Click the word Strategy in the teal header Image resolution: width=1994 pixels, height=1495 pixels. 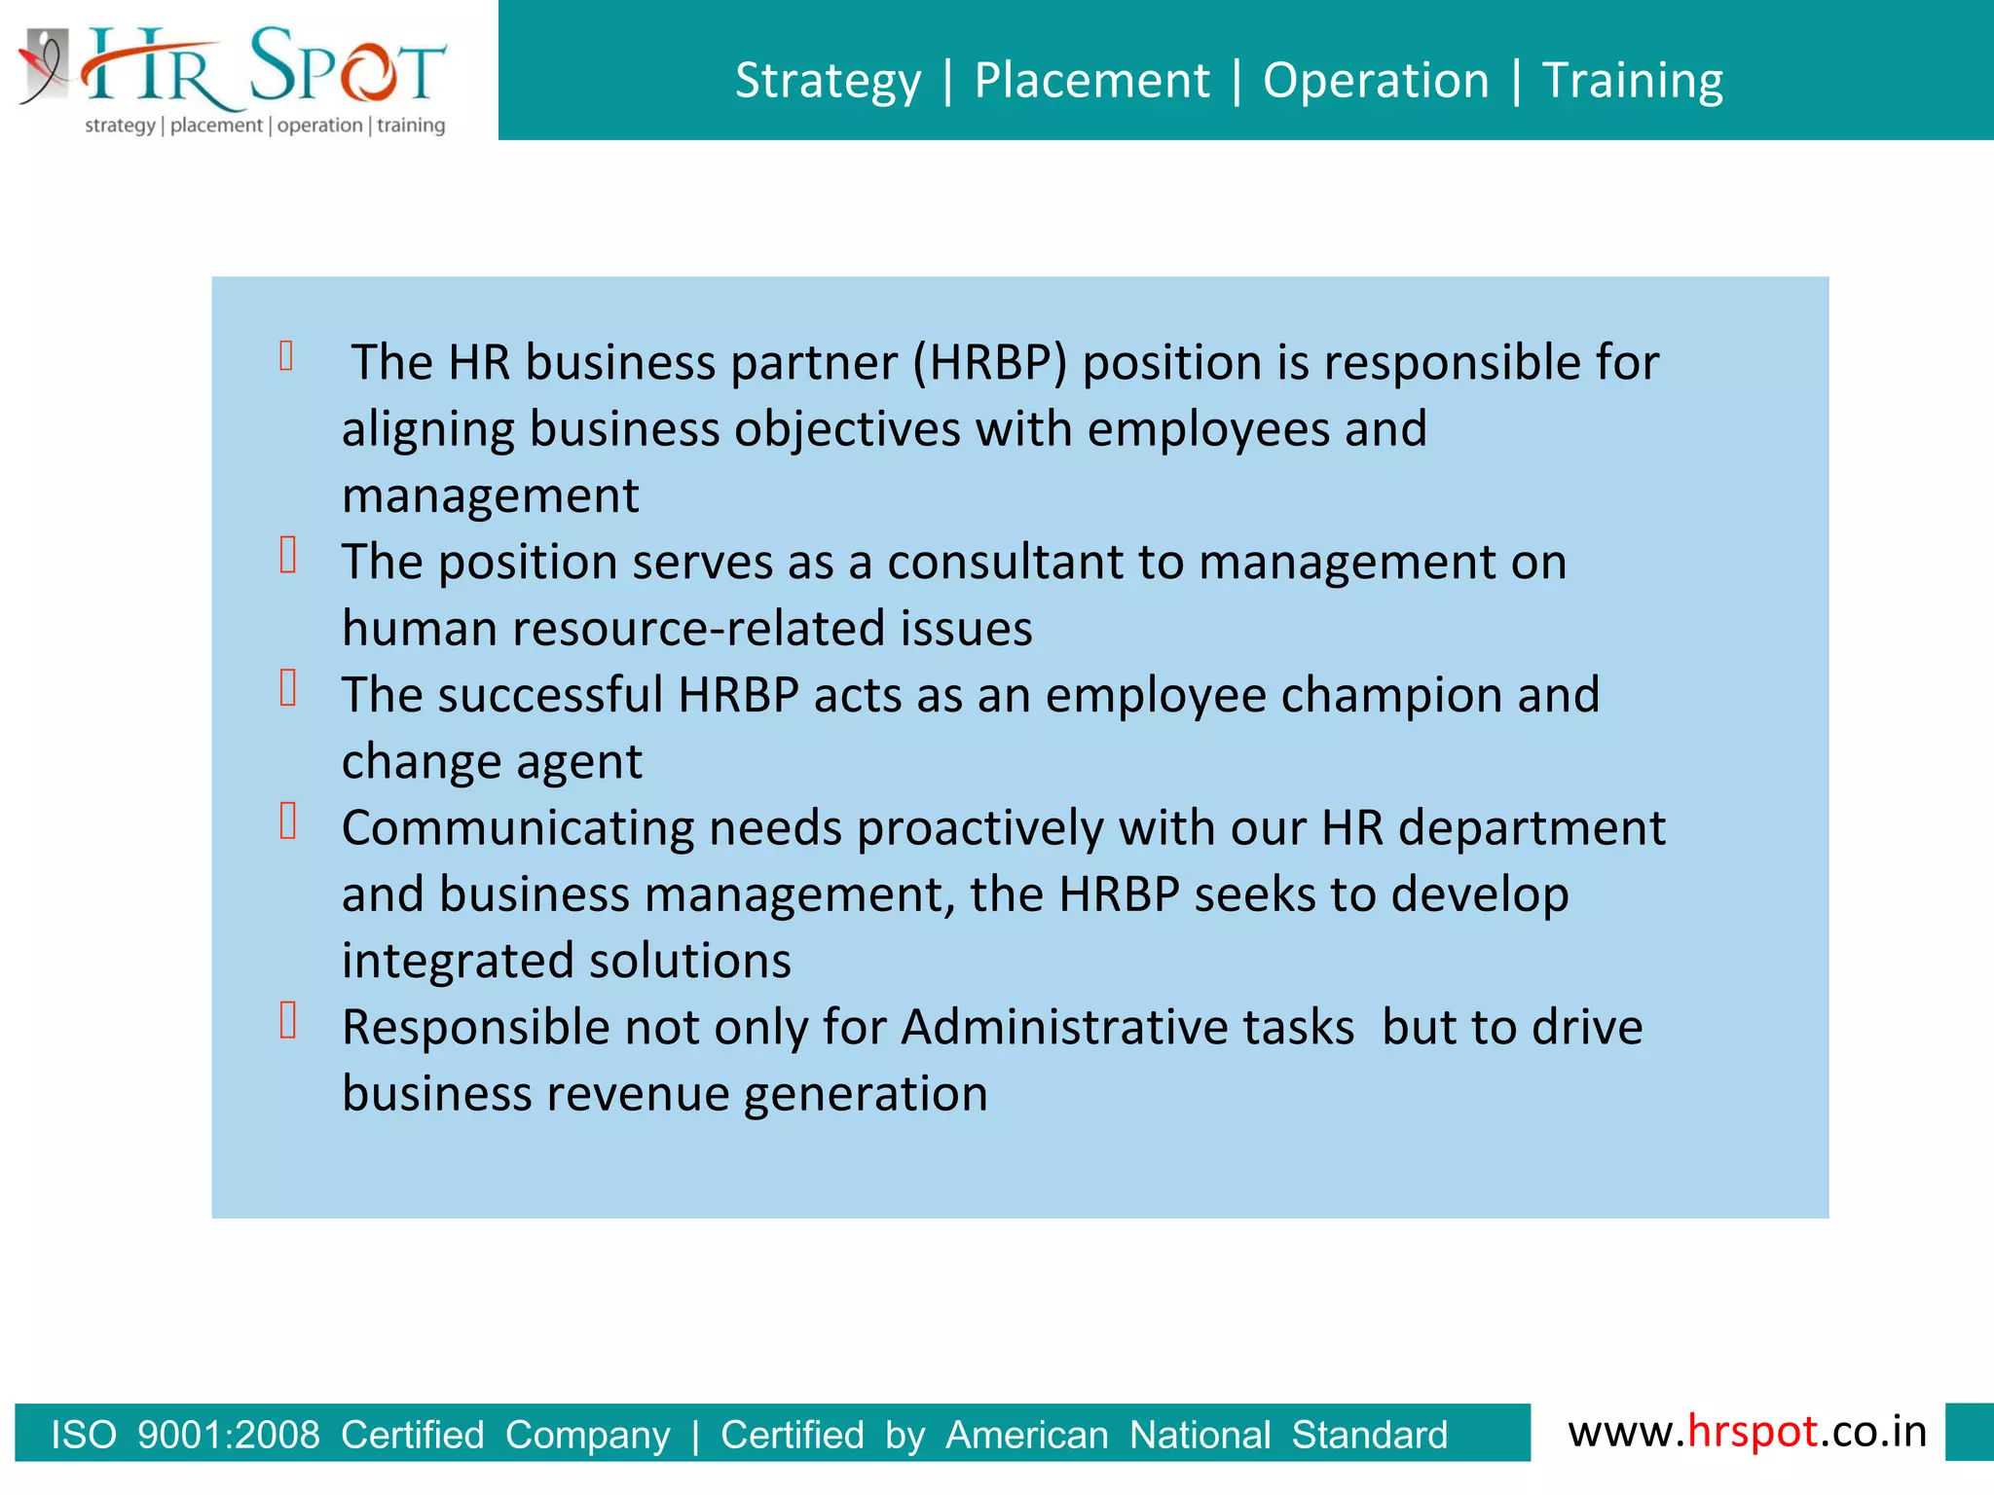828,81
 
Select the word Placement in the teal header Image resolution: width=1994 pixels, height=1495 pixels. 1091,80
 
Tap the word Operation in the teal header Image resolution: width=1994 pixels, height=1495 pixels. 1376,80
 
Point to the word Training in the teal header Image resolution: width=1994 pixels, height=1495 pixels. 1633,81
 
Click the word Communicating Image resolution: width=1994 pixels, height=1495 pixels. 517,828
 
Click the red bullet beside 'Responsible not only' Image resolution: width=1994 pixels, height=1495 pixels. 288,1021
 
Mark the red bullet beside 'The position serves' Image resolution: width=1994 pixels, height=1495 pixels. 288,556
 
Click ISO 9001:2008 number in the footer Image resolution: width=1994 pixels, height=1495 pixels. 228,1436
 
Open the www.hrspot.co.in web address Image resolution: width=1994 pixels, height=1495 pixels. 1747,1432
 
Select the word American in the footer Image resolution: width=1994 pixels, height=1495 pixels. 1027,1436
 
